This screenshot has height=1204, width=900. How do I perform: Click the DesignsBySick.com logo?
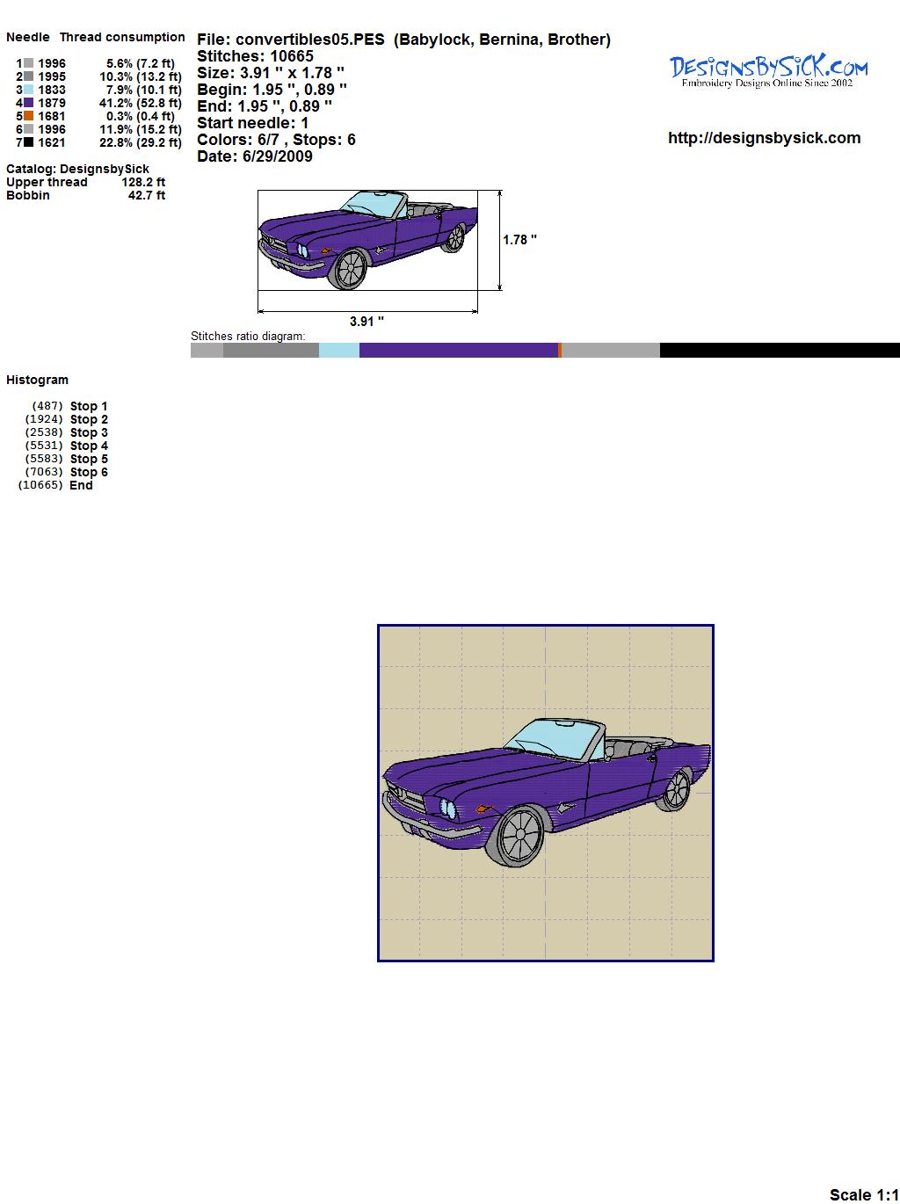click(768, 71)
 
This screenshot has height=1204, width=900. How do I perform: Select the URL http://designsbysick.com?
click(764, 138)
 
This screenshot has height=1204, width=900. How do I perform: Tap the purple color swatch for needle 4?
click(28, 103)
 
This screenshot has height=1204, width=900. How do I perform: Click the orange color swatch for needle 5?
click(28, 116)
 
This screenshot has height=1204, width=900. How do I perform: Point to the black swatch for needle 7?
click(28, 142)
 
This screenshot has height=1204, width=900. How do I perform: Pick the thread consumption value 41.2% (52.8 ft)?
click(141, 103)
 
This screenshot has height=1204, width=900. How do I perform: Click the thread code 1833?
click(52, 90)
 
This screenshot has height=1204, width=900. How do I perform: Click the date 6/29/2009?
click(278, 156)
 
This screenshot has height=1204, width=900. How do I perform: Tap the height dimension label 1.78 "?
click(520, 240)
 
